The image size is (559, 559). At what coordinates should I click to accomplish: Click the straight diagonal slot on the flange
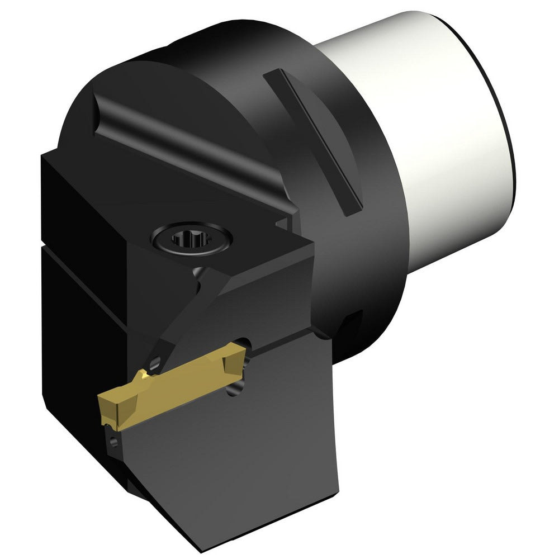(313, 140)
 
